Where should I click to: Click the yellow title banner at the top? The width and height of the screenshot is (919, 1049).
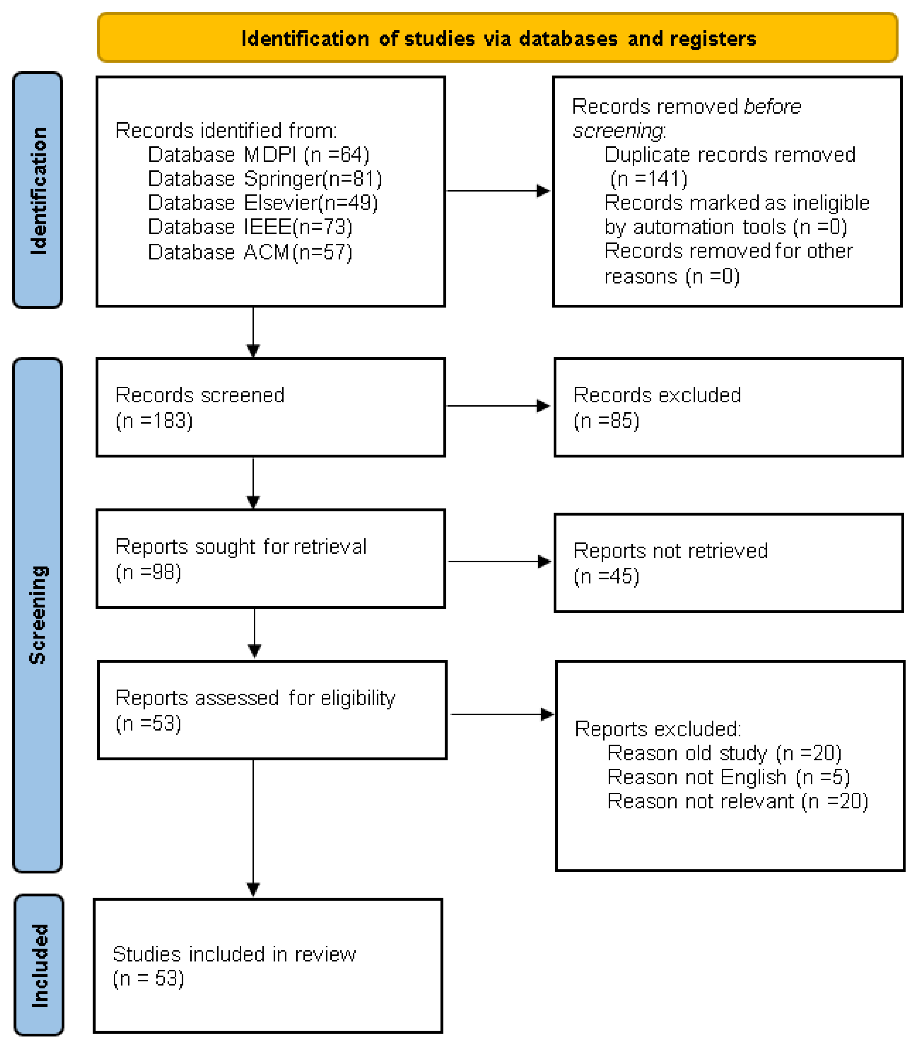tap(497, 38)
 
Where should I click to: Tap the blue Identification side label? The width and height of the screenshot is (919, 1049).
tap(38, 190)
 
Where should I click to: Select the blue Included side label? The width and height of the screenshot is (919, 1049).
tap(39, 965)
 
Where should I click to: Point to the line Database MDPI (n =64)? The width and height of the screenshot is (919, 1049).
tap(259, 155)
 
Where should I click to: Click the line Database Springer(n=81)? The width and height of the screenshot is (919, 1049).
tap(265, 179)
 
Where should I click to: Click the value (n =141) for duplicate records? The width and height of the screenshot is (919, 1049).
tap(648, 179)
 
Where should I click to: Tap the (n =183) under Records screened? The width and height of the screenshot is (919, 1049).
tap(154, 421)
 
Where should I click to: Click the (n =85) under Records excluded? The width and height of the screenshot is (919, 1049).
tap(606, 421)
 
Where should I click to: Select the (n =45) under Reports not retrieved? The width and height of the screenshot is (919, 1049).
tap(606, 576)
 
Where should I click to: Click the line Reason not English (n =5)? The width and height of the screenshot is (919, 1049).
tap(728, 777)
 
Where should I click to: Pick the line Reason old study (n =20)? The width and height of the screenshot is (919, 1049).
tap(724, 753)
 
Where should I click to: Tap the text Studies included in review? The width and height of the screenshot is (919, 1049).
tap(234, 955)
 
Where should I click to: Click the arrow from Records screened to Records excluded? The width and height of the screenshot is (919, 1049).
tap(497, 406)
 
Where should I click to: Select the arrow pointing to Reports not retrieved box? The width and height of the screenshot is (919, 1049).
tap(499, 562)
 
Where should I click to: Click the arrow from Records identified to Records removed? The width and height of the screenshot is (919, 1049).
tap(497, 191)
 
